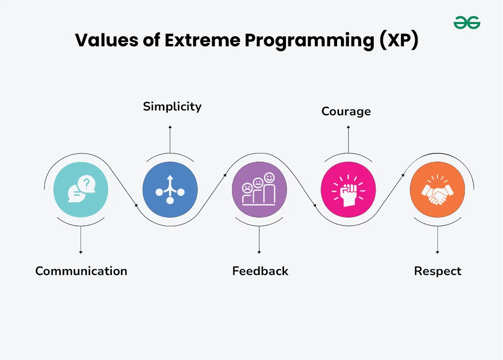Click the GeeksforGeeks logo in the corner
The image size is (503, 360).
click(467, 22)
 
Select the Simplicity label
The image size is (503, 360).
click(172, 106)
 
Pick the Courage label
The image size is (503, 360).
click(346, 111)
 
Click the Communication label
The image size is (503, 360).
click(81, 271)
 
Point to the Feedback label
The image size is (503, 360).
click(260, 271)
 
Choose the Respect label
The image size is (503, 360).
click(437, 271)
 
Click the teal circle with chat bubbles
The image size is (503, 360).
click(81, 188)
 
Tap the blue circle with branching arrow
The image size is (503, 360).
click(170, 188)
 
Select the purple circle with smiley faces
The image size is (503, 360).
click(259, 188)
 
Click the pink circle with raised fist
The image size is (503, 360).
click(348, 188)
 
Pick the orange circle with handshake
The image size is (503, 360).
click(437, 188)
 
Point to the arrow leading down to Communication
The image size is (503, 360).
click(81, 239)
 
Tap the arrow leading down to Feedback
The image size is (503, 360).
click(259, 239)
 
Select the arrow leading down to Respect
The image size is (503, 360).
click(437, 239)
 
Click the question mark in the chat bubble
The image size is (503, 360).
click(86, 183)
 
